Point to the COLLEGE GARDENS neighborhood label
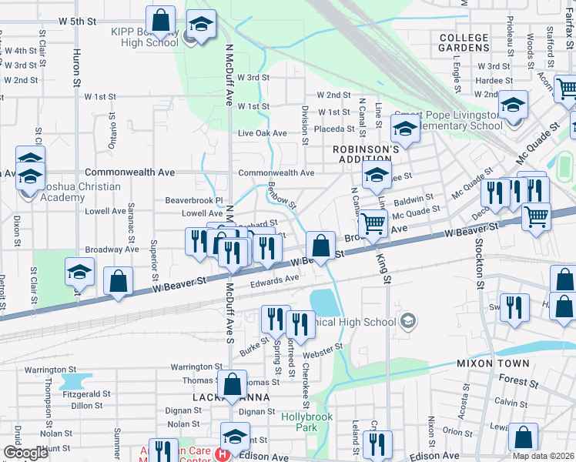[x=464, y=42]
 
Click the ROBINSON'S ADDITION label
[x=366, y=153]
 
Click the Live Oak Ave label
[x=262, y=133]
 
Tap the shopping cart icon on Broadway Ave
[x=373, y=224]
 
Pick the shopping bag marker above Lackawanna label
[x=232, y=383]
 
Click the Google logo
[x=25, y=453]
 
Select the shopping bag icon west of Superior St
[x=119, y=282]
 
